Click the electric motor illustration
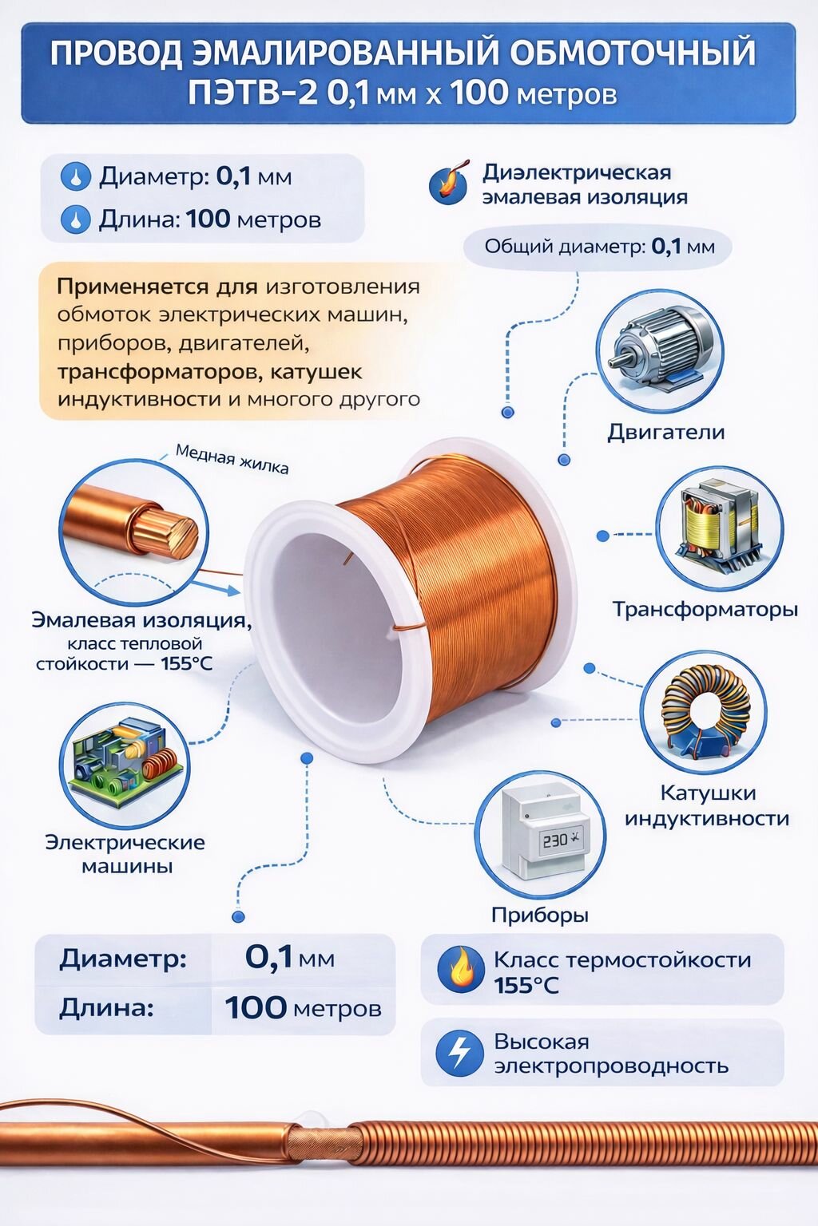point(659,351)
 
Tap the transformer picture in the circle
point(719,528)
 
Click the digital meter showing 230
point(540,833)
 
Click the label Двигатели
point(665,433)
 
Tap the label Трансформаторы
point(705,610)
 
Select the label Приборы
point(540,915)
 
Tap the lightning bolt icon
point(459,1052)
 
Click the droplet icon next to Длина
point(76,219)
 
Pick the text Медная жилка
point(232,460)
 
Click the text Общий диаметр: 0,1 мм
point(598,247)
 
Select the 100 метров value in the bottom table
point(303,1008)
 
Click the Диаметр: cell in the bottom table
point(123,958)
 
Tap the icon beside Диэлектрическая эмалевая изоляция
point(448,184)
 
